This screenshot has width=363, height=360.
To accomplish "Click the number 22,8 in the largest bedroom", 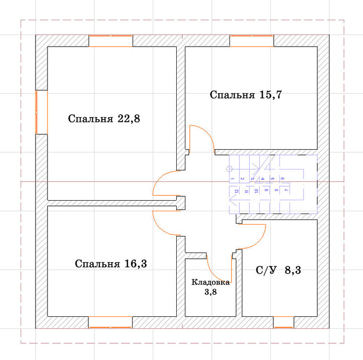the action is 129,119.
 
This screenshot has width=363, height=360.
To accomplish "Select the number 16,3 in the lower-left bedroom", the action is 136,264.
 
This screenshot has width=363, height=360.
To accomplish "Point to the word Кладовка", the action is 211,282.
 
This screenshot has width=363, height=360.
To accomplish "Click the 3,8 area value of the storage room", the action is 211,292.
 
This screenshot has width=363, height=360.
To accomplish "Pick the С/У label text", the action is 266,270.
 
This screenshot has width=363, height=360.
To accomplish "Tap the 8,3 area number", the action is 293,270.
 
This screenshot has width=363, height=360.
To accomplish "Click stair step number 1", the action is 232,179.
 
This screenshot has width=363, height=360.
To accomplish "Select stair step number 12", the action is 236,191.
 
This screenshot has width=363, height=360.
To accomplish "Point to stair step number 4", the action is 262,179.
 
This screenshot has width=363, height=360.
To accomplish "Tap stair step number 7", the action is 286,190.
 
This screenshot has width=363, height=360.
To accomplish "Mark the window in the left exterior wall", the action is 42,112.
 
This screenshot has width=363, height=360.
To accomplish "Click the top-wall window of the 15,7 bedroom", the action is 252,41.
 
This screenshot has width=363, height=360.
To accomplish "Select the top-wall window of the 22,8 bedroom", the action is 110,41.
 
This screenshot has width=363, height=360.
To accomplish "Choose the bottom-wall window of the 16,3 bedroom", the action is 110,322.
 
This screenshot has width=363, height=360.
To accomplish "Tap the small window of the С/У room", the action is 284,322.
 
